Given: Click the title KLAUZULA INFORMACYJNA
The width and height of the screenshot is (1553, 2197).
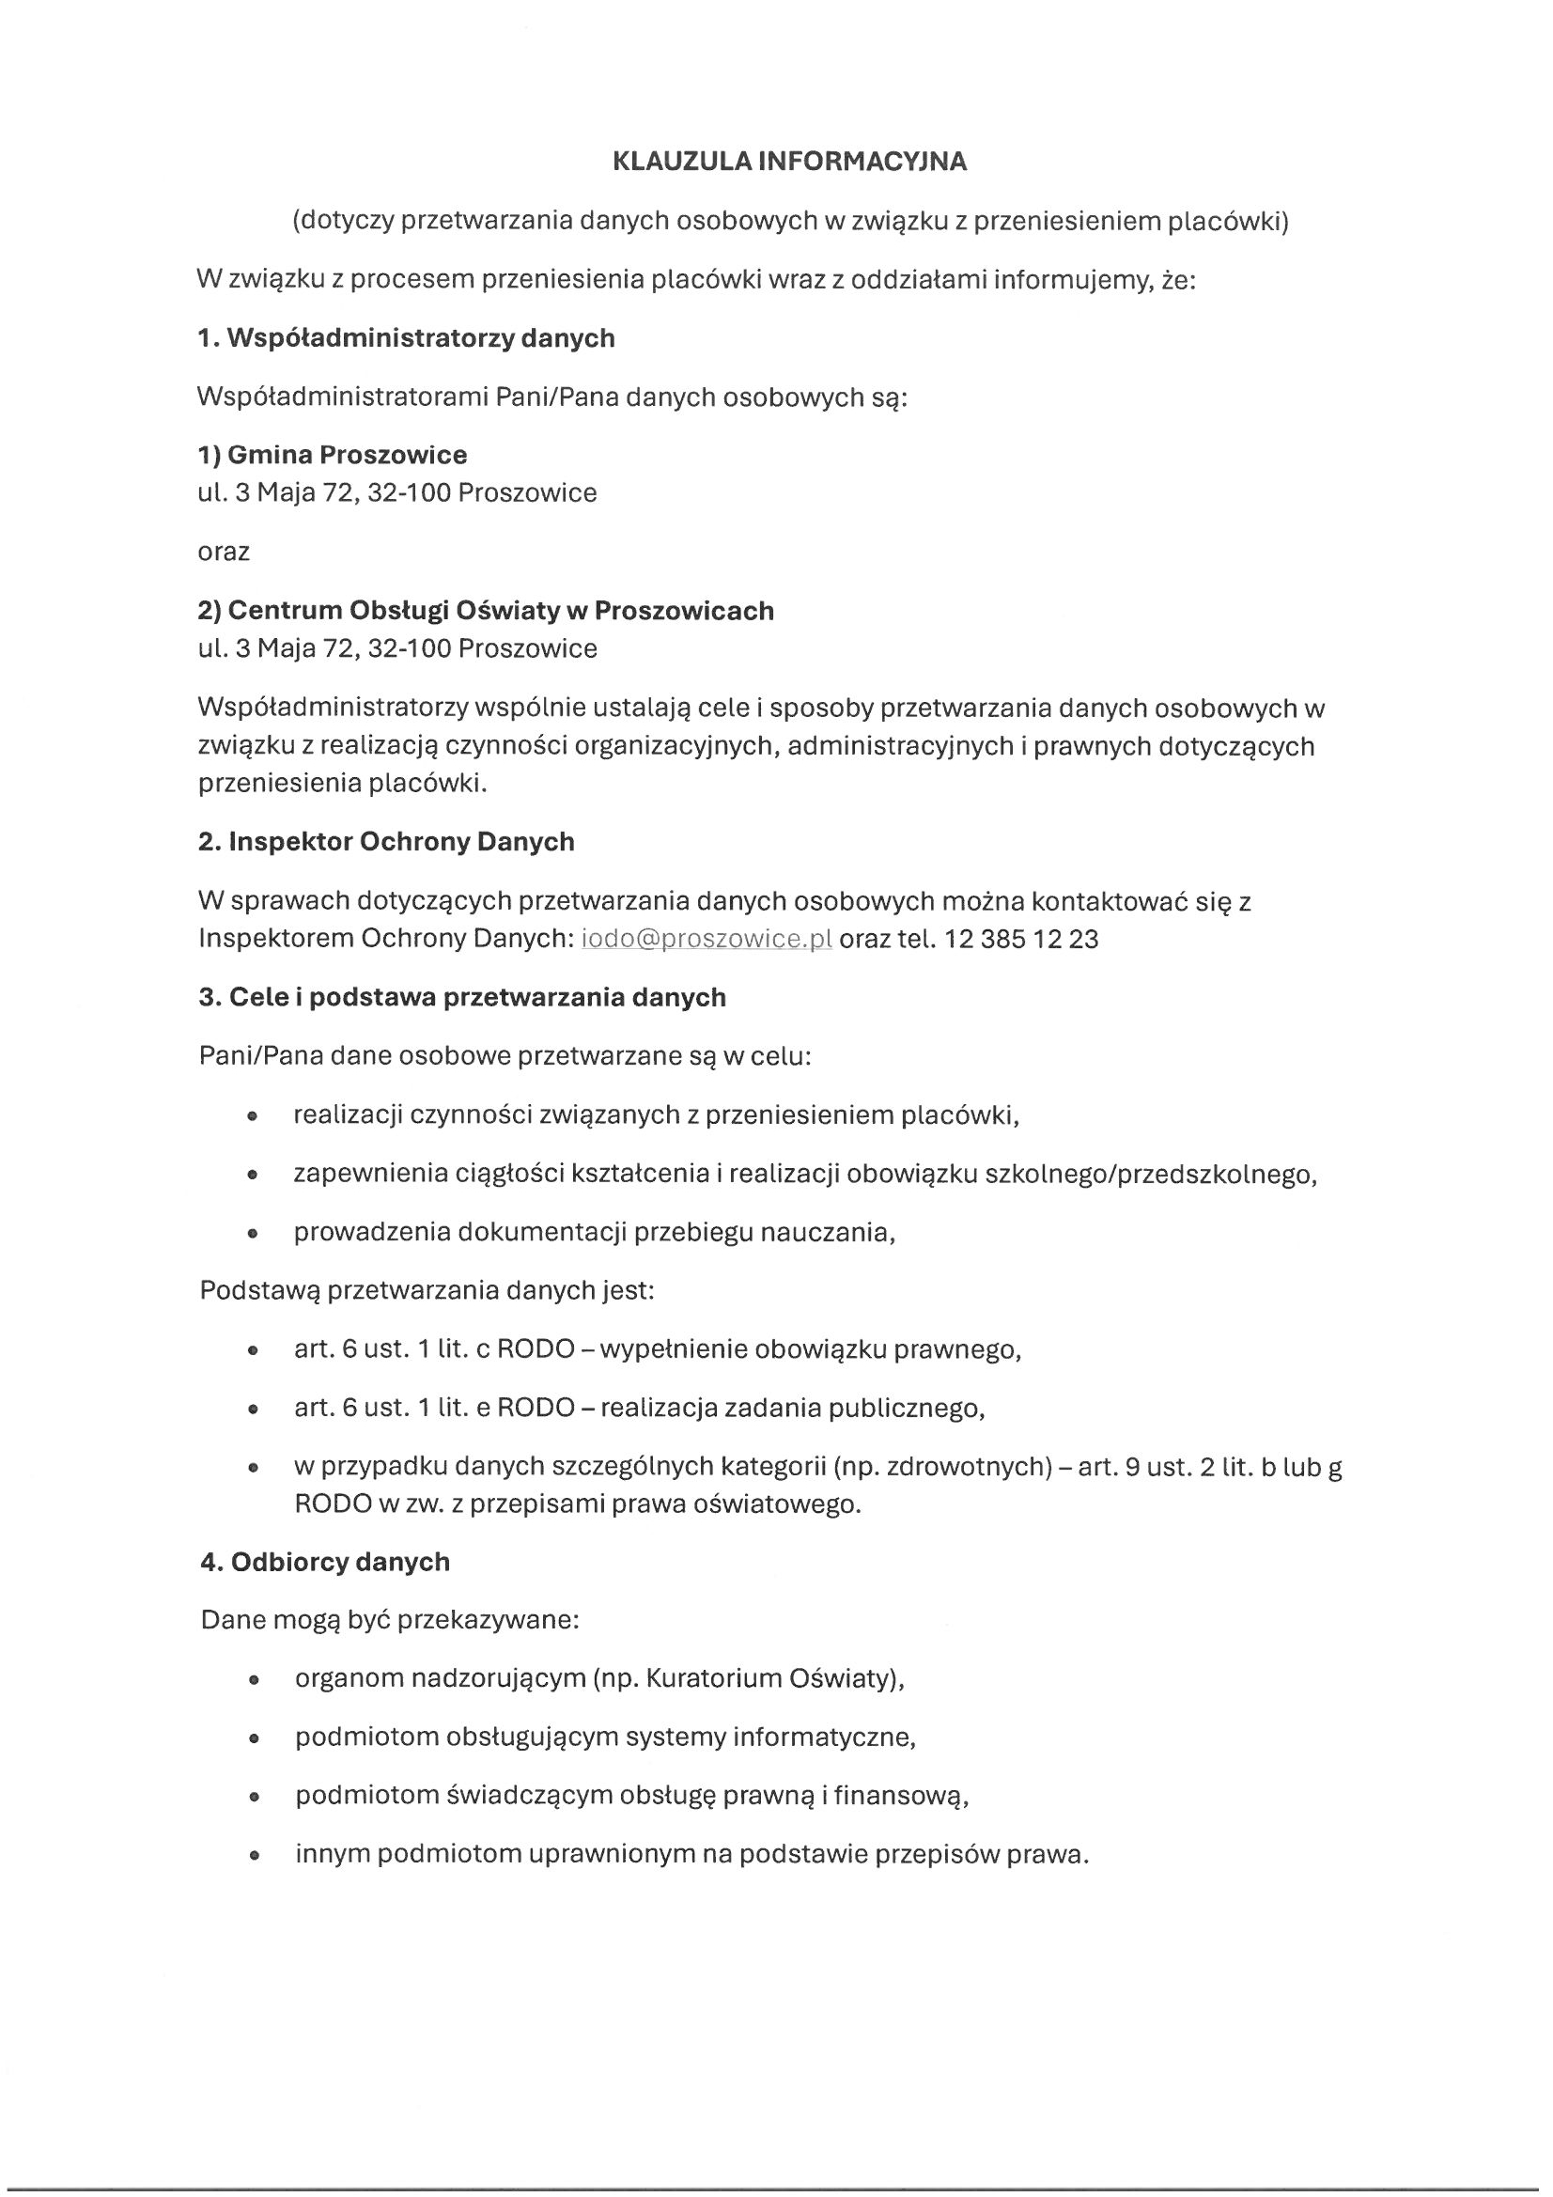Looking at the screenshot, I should tap(789, 162).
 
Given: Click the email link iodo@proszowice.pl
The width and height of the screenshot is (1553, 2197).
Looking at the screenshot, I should tap(707, 939).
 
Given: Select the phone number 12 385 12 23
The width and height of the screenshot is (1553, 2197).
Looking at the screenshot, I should tap(1021, 939).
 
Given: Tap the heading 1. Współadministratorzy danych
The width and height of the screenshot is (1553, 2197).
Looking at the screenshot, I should tap(406, 337).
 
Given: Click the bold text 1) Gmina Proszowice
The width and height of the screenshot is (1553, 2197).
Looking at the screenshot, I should tap(332, 455).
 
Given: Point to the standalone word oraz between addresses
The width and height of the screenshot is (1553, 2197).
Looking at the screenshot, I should tap(223, 553).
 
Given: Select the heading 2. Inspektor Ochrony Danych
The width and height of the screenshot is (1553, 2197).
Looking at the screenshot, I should tap(385, 842).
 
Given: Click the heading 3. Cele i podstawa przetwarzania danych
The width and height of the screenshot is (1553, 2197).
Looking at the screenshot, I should tap(462, 997).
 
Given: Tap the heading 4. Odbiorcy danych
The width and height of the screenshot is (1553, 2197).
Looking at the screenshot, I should tap(325, 1562).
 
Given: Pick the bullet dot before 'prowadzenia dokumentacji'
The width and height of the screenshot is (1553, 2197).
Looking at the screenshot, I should tap(253, 1235).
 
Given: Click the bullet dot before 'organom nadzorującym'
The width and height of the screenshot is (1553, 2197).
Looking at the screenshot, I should tap(254, 1680).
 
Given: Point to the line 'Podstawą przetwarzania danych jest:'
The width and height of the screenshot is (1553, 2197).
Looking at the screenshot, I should tap(427, 1291).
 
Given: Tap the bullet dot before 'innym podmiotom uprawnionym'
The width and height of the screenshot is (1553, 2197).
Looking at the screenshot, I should tap(254, 1855).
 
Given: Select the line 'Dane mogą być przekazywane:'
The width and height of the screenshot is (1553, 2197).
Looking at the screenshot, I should tap(391, 1620).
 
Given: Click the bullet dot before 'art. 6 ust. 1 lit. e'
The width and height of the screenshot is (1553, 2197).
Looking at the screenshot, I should tap(253, 1410).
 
